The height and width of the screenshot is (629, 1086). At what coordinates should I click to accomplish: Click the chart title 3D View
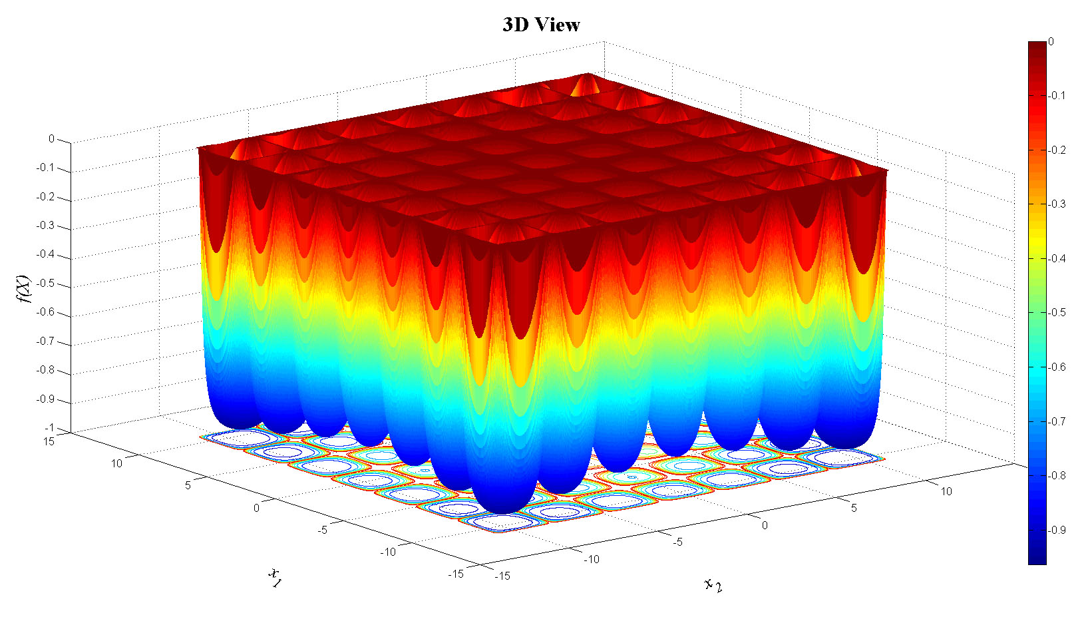541,25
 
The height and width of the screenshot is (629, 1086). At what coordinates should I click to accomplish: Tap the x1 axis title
274,577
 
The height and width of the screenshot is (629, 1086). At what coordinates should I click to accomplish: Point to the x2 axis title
713,584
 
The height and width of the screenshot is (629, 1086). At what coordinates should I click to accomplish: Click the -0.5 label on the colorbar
1057,312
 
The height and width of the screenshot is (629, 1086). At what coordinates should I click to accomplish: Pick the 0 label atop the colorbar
1051,41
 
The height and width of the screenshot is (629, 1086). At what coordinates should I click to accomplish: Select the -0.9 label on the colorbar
1057,530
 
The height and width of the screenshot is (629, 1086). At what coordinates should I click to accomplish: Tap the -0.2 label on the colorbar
1057,150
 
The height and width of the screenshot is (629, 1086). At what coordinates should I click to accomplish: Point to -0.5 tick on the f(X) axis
45,284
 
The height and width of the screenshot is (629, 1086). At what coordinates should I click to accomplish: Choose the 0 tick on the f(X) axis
51,139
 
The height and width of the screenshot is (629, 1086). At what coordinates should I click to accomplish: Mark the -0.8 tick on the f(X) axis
45,371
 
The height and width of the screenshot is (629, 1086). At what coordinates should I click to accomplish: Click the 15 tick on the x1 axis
49,441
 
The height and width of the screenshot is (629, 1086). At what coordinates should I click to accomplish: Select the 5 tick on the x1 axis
188,485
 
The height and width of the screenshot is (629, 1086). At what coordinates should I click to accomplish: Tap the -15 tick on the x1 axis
455,574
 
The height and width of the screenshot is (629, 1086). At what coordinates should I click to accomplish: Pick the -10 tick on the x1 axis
387,551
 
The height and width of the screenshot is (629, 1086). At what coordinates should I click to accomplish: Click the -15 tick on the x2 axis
502,576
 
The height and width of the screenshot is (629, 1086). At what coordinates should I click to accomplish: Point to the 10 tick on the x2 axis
946,491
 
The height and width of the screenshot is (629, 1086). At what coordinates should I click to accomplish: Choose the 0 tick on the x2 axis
765,525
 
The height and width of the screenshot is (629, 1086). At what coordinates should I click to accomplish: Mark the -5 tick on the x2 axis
677,542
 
